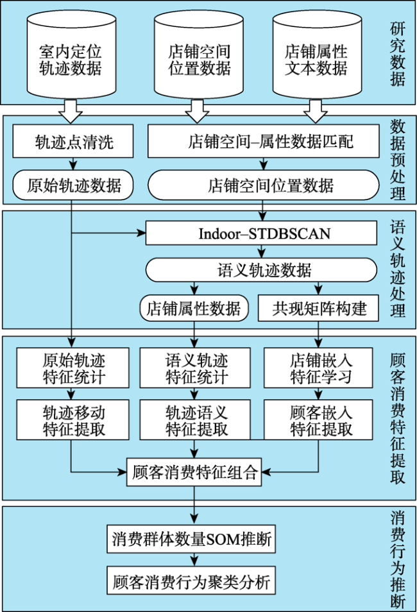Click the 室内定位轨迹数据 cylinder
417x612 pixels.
coord(71,54)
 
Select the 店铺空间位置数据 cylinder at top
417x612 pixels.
coord(199,54)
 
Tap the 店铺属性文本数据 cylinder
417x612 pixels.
coord(317,54)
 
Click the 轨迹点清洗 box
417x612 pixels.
coord(73,141)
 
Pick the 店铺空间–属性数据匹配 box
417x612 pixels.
coord(263,141)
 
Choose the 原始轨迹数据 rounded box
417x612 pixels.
coord(73,185)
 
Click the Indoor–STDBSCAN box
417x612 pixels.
coord(261,234)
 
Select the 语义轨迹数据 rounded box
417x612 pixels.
coord(261,270)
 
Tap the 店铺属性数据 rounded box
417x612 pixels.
coord(194,309)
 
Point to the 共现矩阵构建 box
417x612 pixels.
coord(318,309)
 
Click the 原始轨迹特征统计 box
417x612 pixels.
coord(72,368)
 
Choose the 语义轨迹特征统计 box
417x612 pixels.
coord(195,368)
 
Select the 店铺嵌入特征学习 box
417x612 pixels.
coord(318,368)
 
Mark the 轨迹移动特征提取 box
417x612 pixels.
coord(72,420)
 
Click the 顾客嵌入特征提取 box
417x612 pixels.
coord(318,420)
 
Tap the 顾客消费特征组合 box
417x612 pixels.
coord(194,472)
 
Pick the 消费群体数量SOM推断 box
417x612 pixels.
coord(191,539)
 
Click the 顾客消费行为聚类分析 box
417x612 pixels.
coord(191,581)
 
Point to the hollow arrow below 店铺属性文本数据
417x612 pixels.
coord(316,111)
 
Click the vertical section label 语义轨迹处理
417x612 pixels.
coord(398,269)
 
